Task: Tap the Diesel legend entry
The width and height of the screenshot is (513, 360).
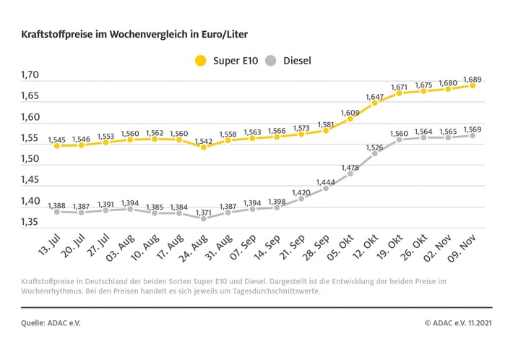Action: tap(290, 60)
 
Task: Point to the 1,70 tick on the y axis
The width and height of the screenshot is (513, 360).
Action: tap(30, 75)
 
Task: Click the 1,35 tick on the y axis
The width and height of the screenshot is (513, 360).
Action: tap(30, 222)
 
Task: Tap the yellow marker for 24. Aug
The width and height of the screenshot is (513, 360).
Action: tap(203, 147)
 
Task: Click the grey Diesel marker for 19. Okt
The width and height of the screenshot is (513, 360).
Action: tap(399, 140)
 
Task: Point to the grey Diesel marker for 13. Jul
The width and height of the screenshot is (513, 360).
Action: tap(56, 211)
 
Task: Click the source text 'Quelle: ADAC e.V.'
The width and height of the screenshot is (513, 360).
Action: tap(49, 323)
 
